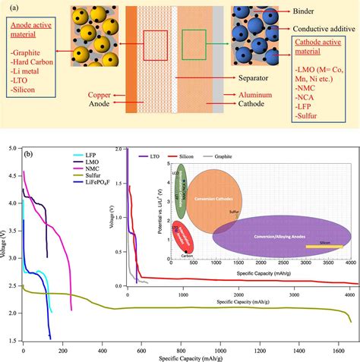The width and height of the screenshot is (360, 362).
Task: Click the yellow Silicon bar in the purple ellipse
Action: [324, 246]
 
